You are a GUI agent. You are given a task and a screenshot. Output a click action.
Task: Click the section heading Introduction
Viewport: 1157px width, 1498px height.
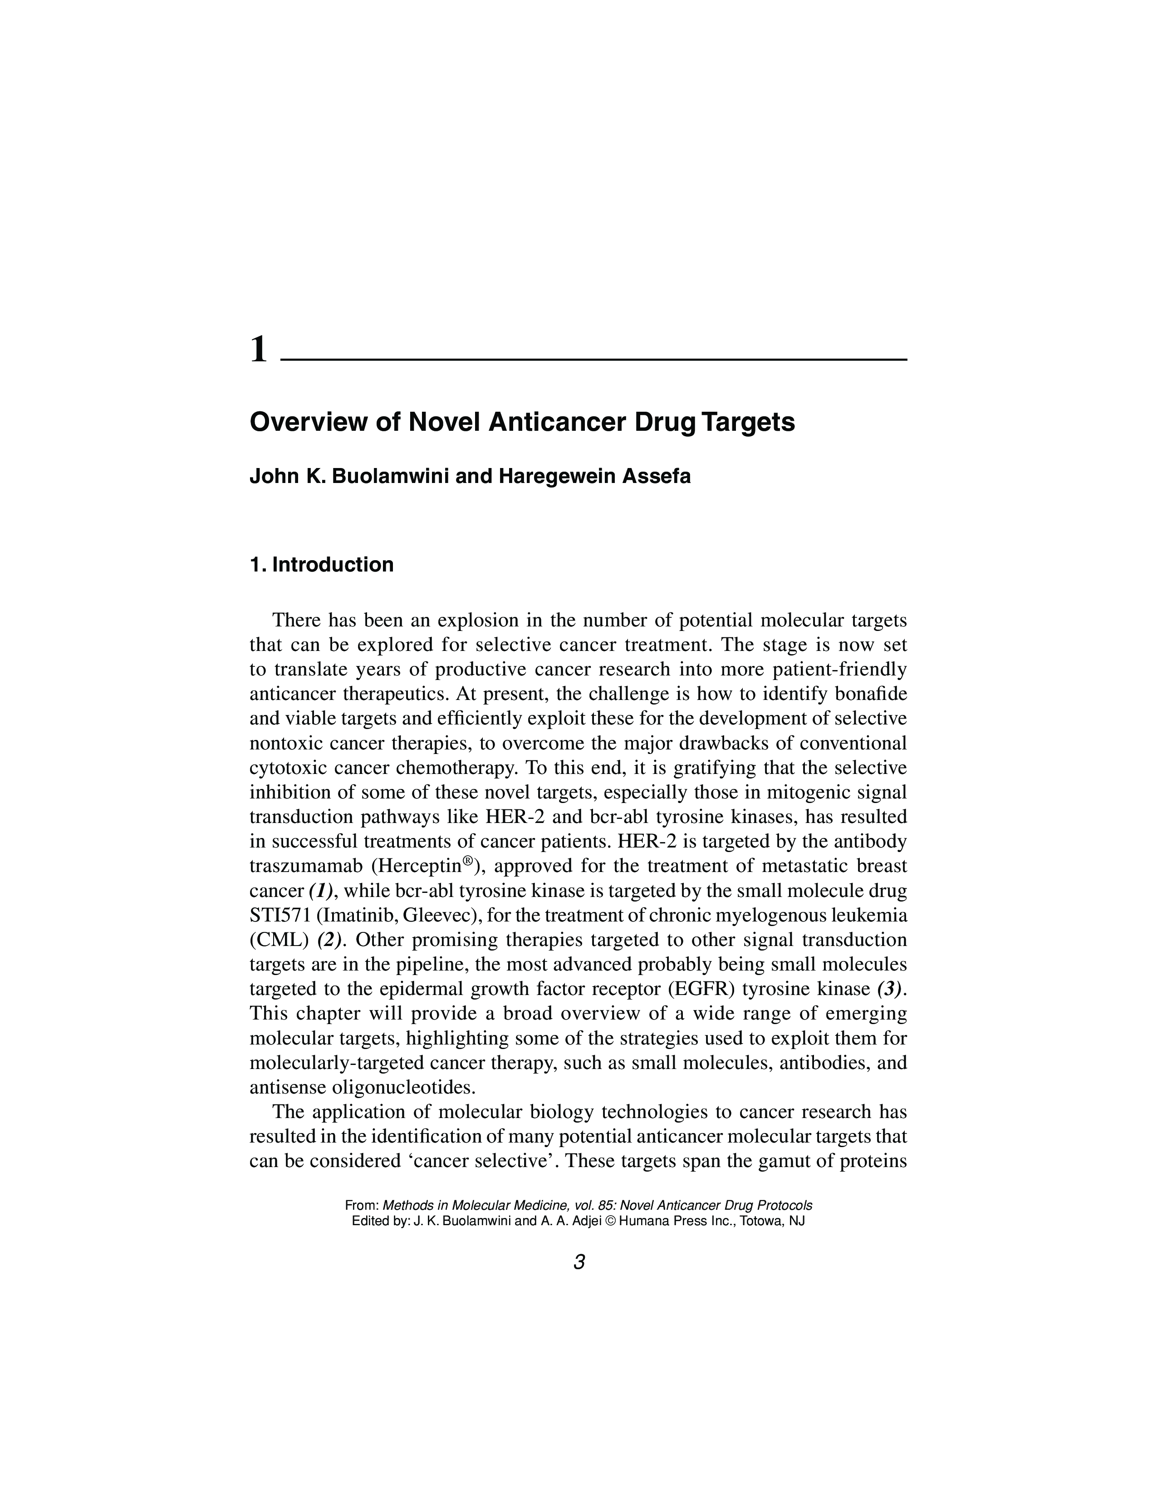[x=333, y=565]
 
